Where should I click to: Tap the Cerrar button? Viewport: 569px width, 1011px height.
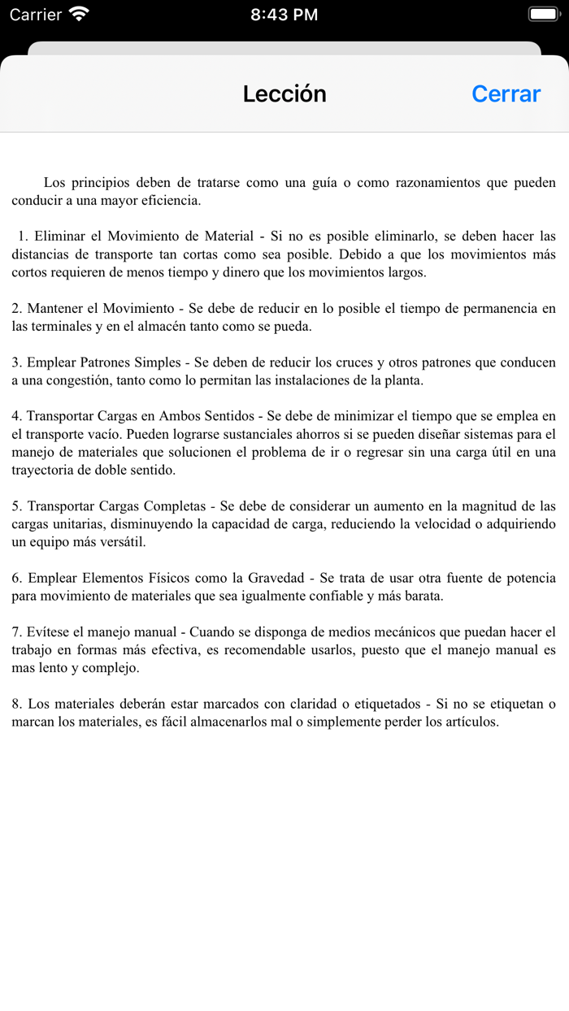pos(506,94)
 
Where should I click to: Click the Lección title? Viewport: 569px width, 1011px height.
pos(284,94)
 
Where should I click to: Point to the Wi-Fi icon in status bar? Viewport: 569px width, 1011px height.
pos(79,14)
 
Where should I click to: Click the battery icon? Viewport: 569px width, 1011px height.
pos(543,14)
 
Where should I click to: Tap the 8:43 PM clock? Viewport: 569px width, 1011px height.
pos(284,15)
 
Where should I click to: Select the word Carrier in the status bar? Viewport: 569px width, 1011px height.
pos(36,15)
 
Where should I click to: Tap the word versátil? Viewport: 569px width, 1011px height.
pos(123,542)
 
